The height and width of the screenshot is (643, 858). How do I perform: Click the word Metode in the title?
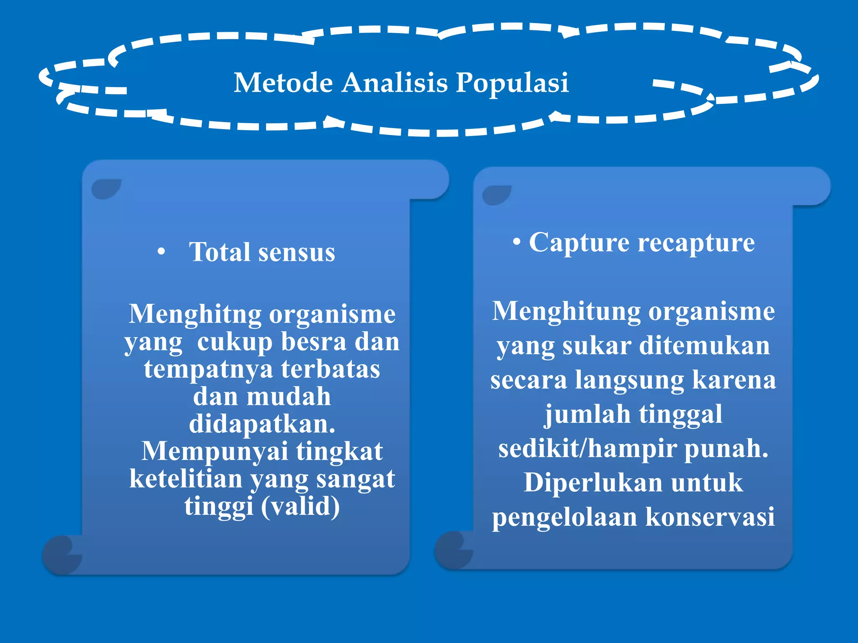[x=283, y=82]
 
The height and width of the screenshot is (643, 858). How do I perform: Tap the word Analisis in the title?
[x=395, y=82]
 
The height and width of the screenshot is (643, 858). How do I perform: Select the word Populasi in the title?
[x=512, y=82]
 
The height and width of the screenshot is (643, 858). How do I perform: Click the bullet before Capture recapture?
[x=517, y=242]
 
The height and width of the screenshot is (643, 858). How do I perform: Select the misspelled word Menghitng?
[x=195, y=314]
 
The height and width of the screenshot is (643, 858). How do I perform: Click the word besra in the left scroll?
[x=314, y=342]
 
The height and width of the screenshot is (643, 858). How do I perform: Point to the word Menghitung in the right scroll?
[x=566, y=312]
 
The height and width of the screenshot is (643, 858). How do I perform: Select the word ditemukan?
[x=704, y=346]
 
